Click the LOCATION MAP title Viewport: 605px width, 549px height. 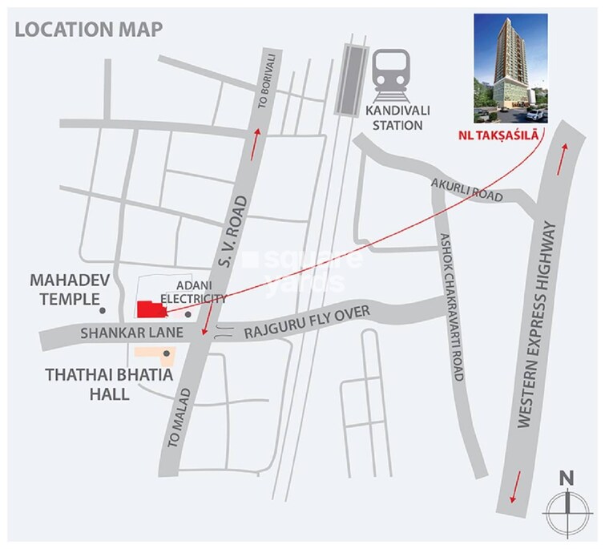click(88, 30)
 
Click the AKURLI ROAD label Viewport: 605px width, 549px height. click(466, 189)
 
